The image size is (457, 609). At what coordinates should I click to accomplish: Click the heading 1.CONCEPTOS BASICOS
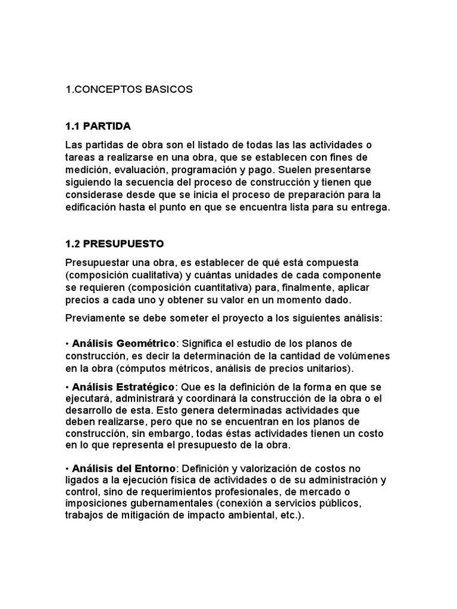[129, 89]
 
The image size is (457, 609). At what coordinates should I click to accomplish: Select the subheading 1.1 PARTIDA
[98, 126]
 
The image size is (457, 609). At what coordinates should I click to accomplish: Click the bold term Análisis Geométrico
[124, 344]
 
